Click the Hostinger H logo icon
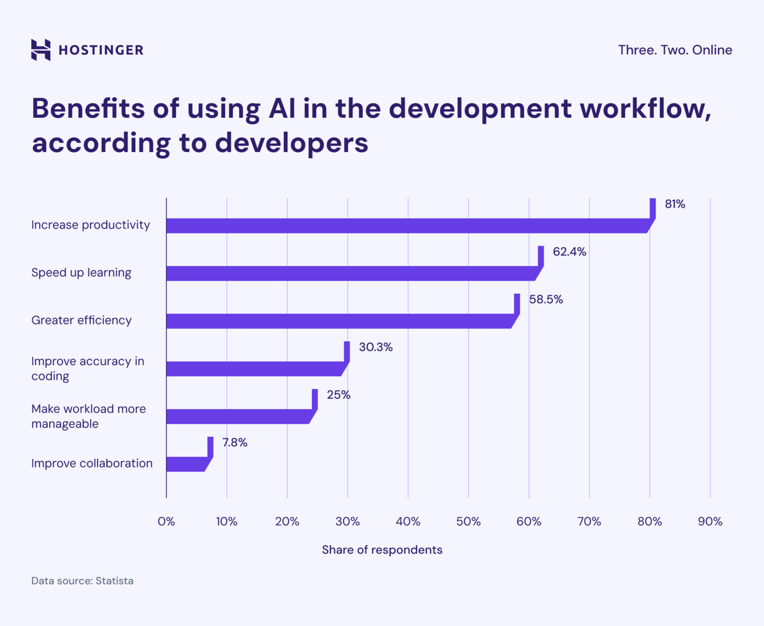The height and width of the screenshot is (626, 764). (41, 50)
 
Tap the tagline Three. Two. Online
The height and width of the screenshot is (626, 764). (675, 50)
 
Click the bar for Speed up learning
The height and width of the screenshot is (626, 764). (351, 274)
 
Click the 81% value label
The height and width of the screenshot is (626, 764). (675, 204)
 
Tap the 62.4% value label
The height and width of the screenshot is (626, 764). (570, 252)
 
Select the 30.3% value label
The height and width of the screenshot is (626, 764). (376, 347)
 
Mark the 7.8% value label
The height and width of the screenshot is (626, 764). (235, 443)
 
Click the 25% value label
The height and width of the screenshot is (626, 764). (339, 395)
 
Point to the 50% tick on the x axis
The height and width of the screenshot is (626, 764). (468, 522)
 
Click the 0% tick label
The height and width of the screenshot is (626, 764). (166, 522)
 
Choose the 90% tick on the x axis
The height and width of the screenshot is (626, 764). (710, 522)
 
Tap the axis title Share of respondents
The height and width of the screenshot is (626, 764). (382, 550)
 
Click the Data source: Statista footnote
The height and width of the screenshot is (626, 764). (83, 581)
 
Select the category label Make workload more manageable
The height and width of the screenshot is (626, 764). (89, 416)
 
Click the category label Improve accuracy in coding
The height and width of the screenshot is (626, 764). (88, 369)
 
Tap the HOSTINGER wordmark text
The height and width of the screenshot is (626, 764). (101, 50)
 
